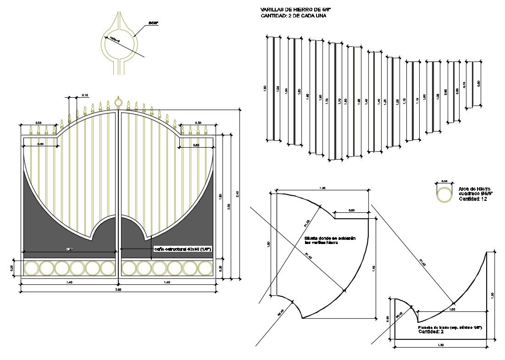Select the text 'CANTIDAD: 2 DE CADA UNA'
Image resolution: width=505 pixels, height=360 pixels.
point(287,16)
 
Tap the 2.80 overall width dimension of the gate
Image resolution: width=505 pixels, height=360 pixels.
point(119,289)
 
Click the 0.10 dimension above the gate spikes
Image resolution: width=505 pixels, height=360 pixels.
point(85,95)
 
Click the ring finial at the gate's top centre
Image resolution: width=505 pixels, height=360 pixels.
point(118,102)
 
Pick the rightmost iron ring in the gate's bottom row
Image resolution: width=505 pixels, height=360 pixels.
point(205,268)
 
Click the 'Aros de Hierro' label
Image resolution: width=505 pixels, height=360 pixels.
point(474,189)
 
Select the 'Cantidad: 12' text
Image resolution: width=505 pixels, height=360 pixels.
point(472,199)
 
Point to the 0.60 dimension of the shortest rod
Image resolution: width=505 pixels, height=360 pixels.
point(479,84)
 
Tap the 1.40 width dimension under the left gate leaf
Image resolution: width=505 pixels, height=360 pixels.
point(69,282)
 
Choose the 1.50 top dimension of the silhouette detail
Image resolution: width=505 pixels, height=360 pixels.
point(322,188)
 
